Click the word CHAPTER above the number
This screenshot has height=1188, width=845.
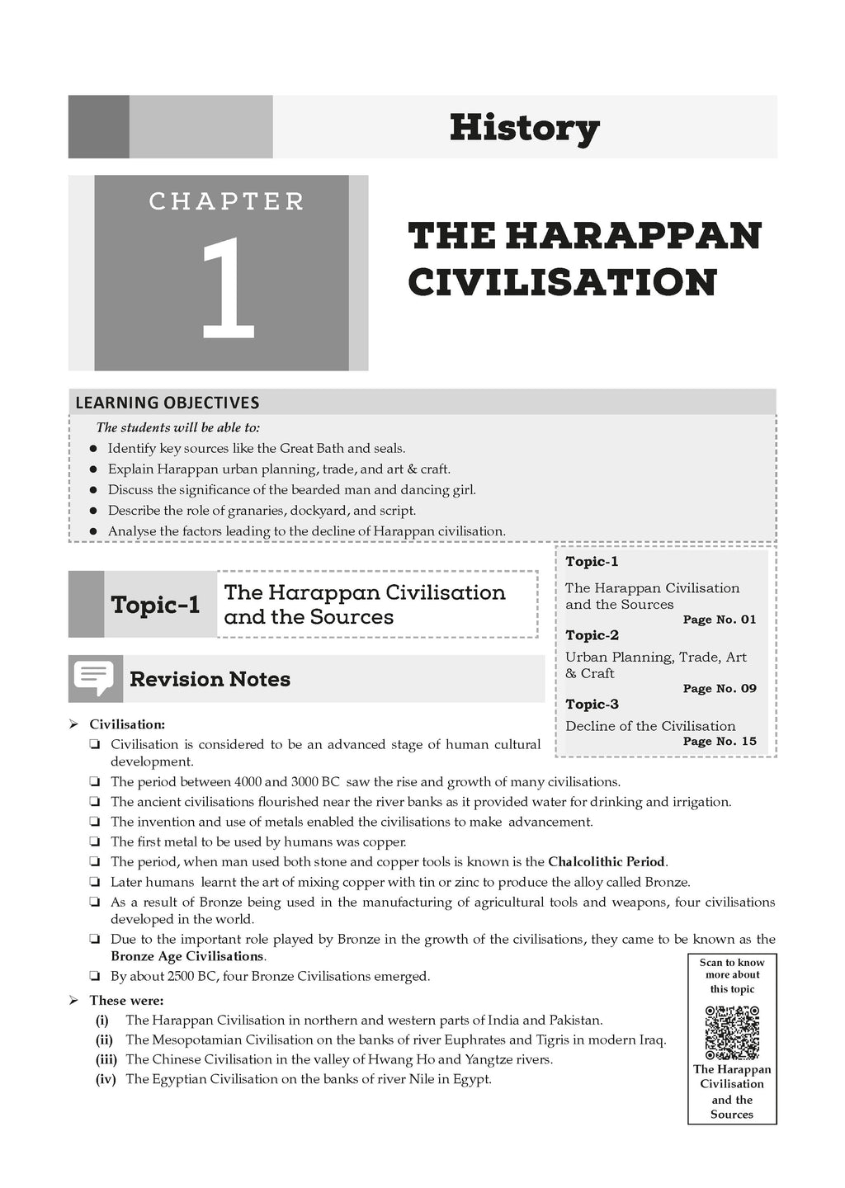[x=227, y=201]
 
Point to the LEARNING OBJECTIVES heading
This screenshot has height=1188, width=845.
[x=168, y=403]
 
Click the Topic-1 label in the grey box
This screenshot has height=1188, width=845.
[x=155, y=605]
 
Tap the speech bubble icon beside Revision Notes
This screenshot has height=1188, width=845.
[x=93, y=678]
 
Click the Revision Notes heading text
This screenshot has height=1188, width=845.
[x=210, y=679]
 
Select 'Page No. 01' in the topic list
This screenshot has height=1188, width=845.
[x=719, y=620]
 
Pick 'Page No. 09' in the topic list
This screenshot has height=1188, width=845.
[x=719, y=689]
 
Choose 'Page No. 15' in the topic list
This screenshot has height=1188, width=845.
[x=719, y=741]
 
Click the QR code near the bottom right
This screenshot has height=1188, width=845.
[x=732, y=1031]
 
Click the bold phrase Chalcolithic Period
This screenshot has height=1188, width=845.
[x=607, y=862]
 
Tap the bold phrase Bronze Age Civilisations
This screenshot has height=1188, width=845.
[x=187, y=956]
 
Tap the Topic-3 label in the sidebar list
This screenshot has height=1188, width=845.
[x=592, y=705]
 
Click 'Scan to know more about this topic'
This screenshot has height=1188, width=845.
[x=732, y=975]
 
